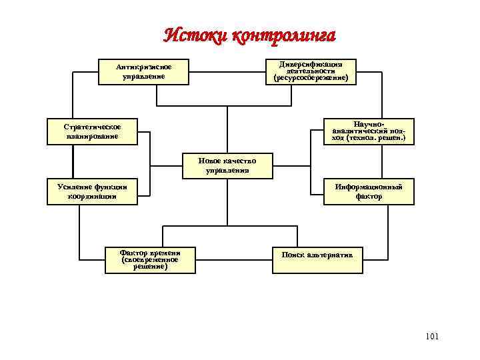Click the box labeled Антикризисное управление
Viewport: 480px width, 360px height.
pyautogui.click(x=143, y=72)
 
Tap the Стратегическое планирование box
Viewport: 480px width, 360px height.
pyautogui.click(x=92, y=131)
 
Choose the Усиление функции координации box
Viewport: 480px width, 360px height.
pyautogui.click(x=92, y=191)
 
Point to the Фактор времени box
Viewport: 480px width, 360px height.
pyautogui.click(x=150, y=260)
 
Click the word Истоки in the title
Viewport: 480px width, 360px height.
pyautogui.click(x=194, y=35)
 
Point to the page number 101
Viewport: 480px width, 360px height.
pyautogui.click(x=431, y=337)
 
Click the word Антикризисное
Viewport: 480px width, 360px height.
pyautogui.click(x=143, y=67)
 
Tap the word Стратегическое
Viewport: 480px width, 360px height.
pyautogui.click(x=92, y=127)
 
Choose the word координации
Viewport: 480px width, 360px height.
pyautogui.click(x=92, y=197)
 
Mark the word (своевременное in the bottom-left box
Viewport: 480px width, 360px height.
pyautogui.click(x=150, y=259)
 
